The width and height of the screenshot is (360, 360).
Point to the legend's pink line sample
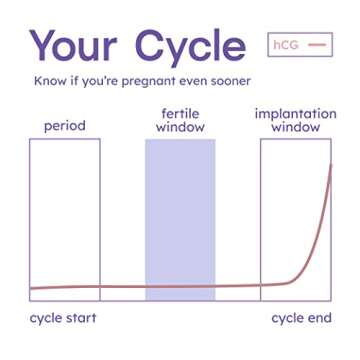click(316, 45)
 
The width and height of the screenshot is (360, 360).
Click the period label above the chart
click(65, 127)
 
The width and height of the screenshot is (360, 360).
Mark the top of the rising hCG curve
click(330, 164)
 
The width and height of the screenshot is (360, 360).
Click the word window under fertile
click(180, 128)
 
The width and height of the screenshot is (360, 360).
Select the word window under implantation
click(295, 128)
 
